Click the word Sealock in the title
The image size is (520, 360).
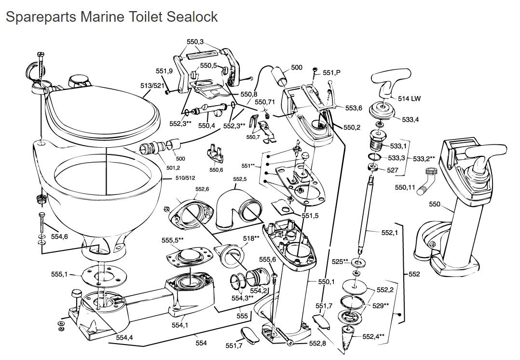192,16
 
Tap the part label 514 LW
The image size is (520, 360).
409,98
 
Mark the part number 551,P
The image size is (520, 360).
331,72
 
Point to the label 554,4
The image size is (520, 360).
124,337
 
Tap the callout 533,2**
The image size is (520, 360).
425,158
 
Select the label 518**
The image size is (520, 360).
251,238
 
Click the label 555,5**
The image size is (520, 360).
173,239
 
